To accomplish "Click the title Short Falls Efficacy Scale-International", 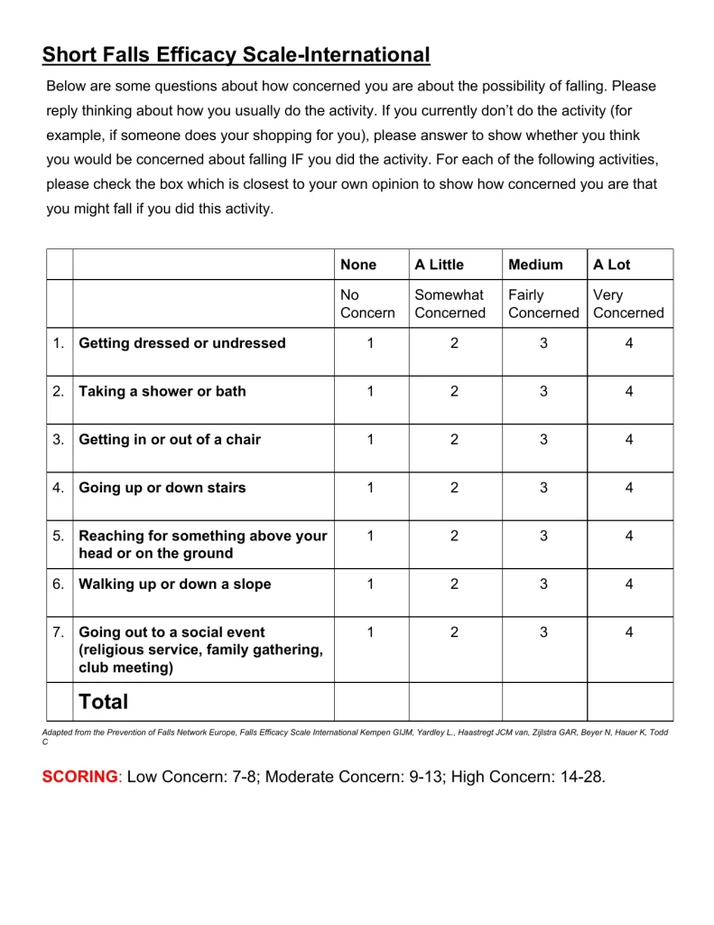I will coord(236,55).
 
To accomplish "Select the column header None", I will coord(358,265).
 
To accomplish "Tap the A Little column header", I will coord(439,265).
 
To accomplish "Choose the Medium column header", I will coord(535,265).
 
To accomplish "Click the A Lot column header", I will coord(612,265).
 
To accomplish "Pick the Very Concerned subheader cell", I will coord(628,304).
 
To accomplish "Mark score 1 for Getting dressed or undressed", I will coord(370,343).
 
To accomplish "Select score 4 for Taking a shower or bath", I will coord(629,391).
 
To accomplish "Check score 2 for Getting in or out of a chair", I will coord(454,440).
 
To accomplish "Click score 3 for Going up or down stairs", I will coord(543,488).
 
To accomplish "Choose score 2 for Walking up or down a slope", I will coord(454,584).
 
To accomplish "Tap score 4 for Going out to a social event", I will coord(629,632).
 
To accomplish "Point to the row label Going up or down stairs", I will coord(162,488).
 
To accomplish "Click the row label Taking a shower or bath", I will coord(162,391).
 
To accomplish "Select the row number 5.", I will coord(59,537).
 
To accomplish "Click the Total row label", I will coord(104,702).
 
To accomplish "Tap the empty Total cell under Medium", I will coord(544,702).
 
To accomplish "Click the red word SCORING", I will coord(79,777).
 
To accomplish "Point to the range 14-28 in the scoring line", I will coord(578,777).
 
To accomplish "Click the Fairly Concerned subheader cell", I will coord(543,304).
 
